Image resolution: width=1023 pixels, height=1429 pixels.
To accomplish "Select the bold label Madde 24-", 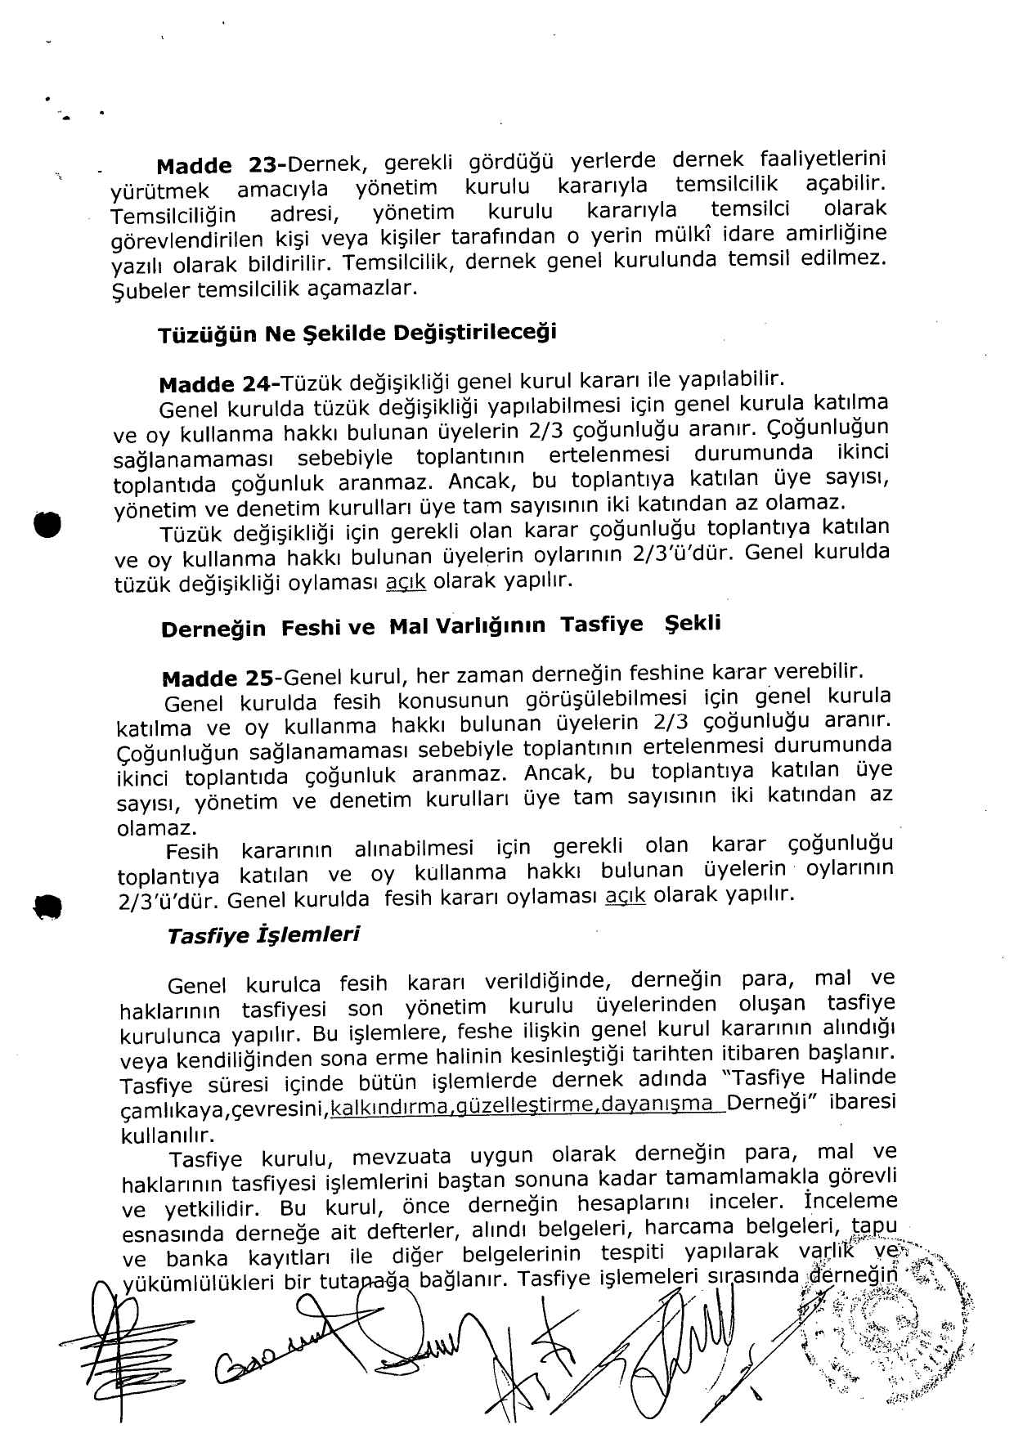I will [x=220, y=383].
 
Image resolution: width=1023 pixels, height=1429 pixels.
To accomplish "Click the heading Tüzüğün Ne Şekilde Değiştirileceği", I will [x=357, y=334].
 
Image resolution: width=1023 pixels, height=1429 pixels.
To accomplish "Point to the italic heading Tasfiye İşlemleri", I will [x=263, y=934].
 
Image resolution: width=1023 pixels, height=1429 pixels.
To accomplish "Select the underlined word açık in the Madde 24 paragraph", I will [x=406, y=582].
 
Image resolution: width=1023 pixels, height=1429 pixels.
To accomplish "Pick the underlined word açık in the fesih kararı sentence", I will [x=626, y=896].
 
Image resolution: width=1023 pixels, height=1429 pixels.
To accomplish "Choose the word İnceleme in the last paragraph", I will [x=850, y=1202].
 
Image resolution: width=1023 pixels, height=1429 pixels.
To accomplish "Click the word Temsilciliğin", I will [x=173, y=216].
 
